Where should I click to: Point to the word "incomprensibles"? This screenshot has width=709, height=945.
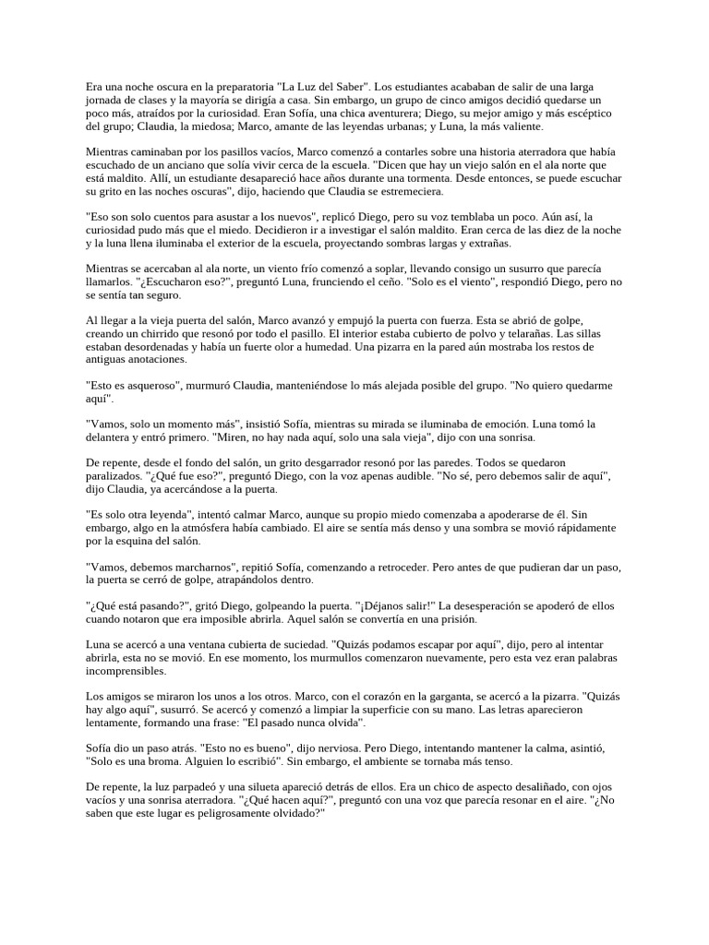126,672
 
